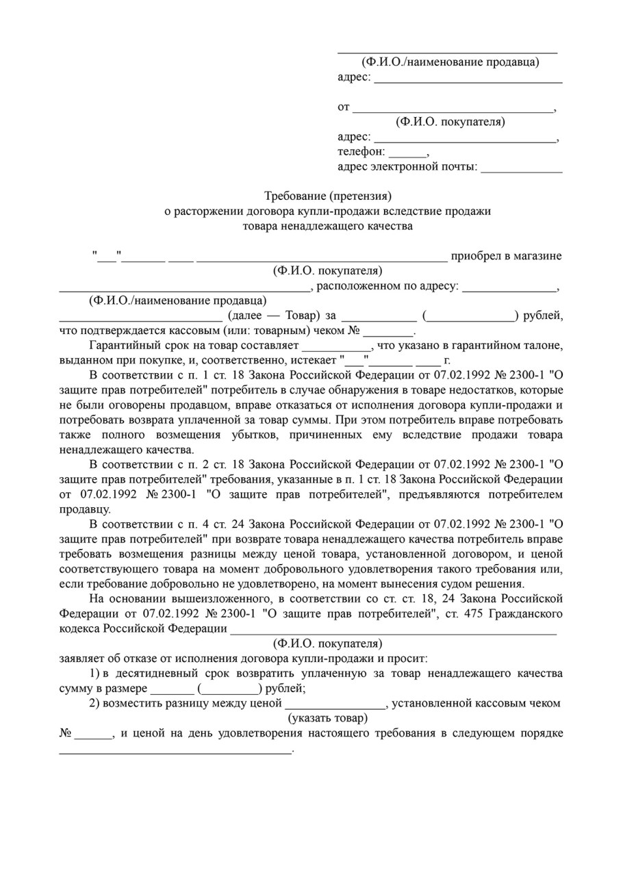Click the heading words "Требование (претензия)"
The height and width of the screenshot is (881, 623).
point(328,196)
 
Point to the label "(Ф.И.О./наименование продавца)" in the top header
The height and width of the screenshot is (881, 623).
point(450,62)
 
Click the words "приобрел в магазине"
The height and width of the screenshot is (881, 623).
point(506,256)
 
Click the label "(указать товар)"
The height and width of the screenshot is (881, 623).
point(327,718)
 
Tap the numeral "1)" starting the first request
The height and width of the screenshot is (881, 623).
point(95,674)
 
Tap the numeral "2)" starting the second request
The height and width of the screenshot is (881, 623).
point(95,703)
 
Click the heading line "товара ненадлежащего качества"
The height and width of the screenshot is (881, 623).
point(328,226)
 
